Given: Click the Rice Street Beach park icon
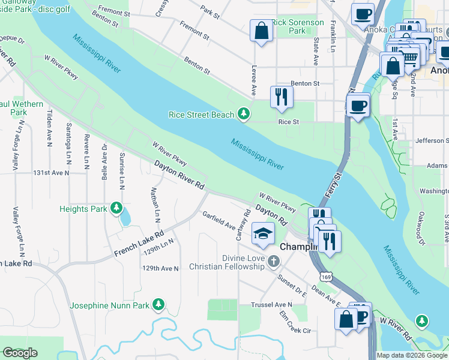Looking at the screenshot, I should tap(243, 113).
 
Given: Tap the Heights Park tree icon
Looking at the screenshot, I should tap(116, 209).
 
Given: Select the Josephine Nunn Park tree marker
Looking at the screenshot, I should tap(158, 305).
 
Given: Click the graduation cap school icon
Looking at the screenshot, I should tap(262, 234).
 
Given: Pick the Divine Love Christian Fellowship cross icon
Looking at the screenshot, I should tap(274, 261).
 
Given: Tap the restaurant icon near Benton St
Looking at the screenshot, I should tap(281, 97).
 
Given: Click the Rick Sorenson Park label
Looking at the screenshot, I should tap(298, 26).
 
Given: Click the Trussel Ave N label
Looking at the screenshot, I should tap(271, 305).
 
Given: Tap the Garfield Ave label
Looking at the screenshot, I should tap(218, 220).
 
